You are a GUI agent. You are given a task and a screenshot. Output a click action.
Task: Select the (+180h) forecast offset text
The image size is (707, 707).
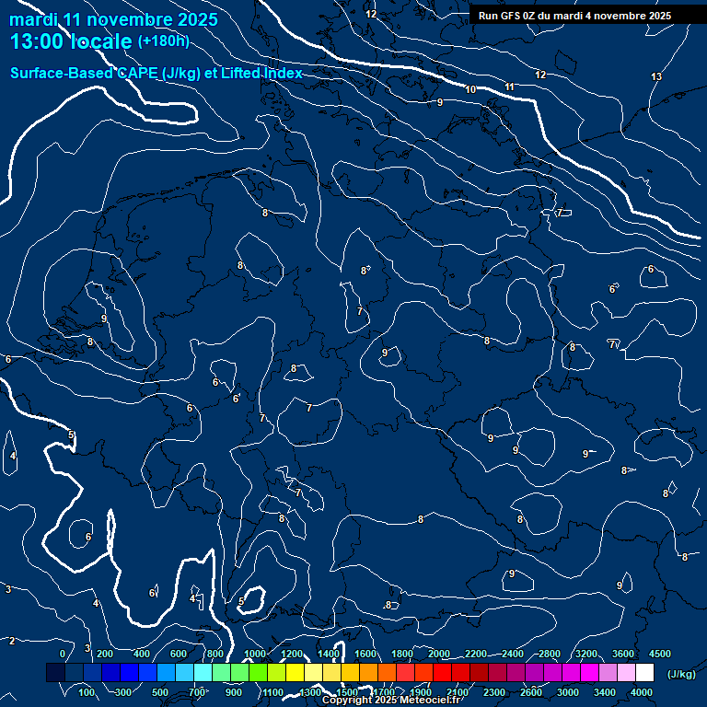pos(163,41)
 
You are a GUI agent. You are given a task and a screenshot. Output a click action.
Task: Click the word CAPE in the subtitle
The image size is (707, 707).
pos(138,73)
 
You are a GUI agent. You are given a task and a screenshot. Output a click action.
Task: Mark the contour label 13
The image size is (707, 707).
pos(656,76)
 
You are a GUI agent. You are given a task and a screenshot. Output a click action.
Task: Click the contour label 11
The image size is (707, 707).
pos(509,87)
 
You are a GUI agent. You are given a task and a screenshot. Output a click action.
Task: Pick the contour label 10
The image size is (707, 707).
pos(470,89)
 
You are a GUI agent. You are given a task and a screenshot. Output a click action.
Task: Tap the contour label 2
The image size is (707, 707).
pos(12,640)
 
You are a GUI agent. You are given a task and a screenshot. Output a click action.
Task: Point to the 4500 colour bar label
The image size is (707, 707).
pos(659,654)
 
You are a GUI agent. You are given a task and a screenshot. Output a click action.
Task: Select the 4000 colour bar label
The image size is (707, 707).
pos(643,692)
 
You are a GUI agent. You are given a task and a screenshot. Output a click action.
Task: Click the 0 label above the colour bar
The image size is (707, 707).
pos(63,654)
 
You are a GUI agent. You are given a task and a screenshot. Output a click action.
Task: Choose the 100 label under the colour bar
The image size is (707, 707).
pos(87,692)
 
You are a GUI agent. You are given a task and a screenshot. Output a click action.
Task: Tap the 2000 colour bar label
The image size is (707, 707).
pos(439,654)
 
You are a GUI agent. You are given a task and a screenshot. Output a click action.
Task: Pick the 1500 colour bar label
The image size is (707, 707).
pos(347,692)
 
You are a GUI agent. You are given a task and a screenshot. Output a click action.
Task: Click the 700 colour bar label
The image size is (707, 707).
pos(197,692)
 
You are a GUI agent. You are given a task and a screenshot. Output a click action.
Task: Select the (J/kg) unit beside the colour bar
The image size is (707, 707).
pos(680,674)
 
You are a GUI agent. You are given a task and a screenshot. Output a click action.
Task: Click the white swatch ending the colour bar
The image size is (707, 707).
pos(644,673)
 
